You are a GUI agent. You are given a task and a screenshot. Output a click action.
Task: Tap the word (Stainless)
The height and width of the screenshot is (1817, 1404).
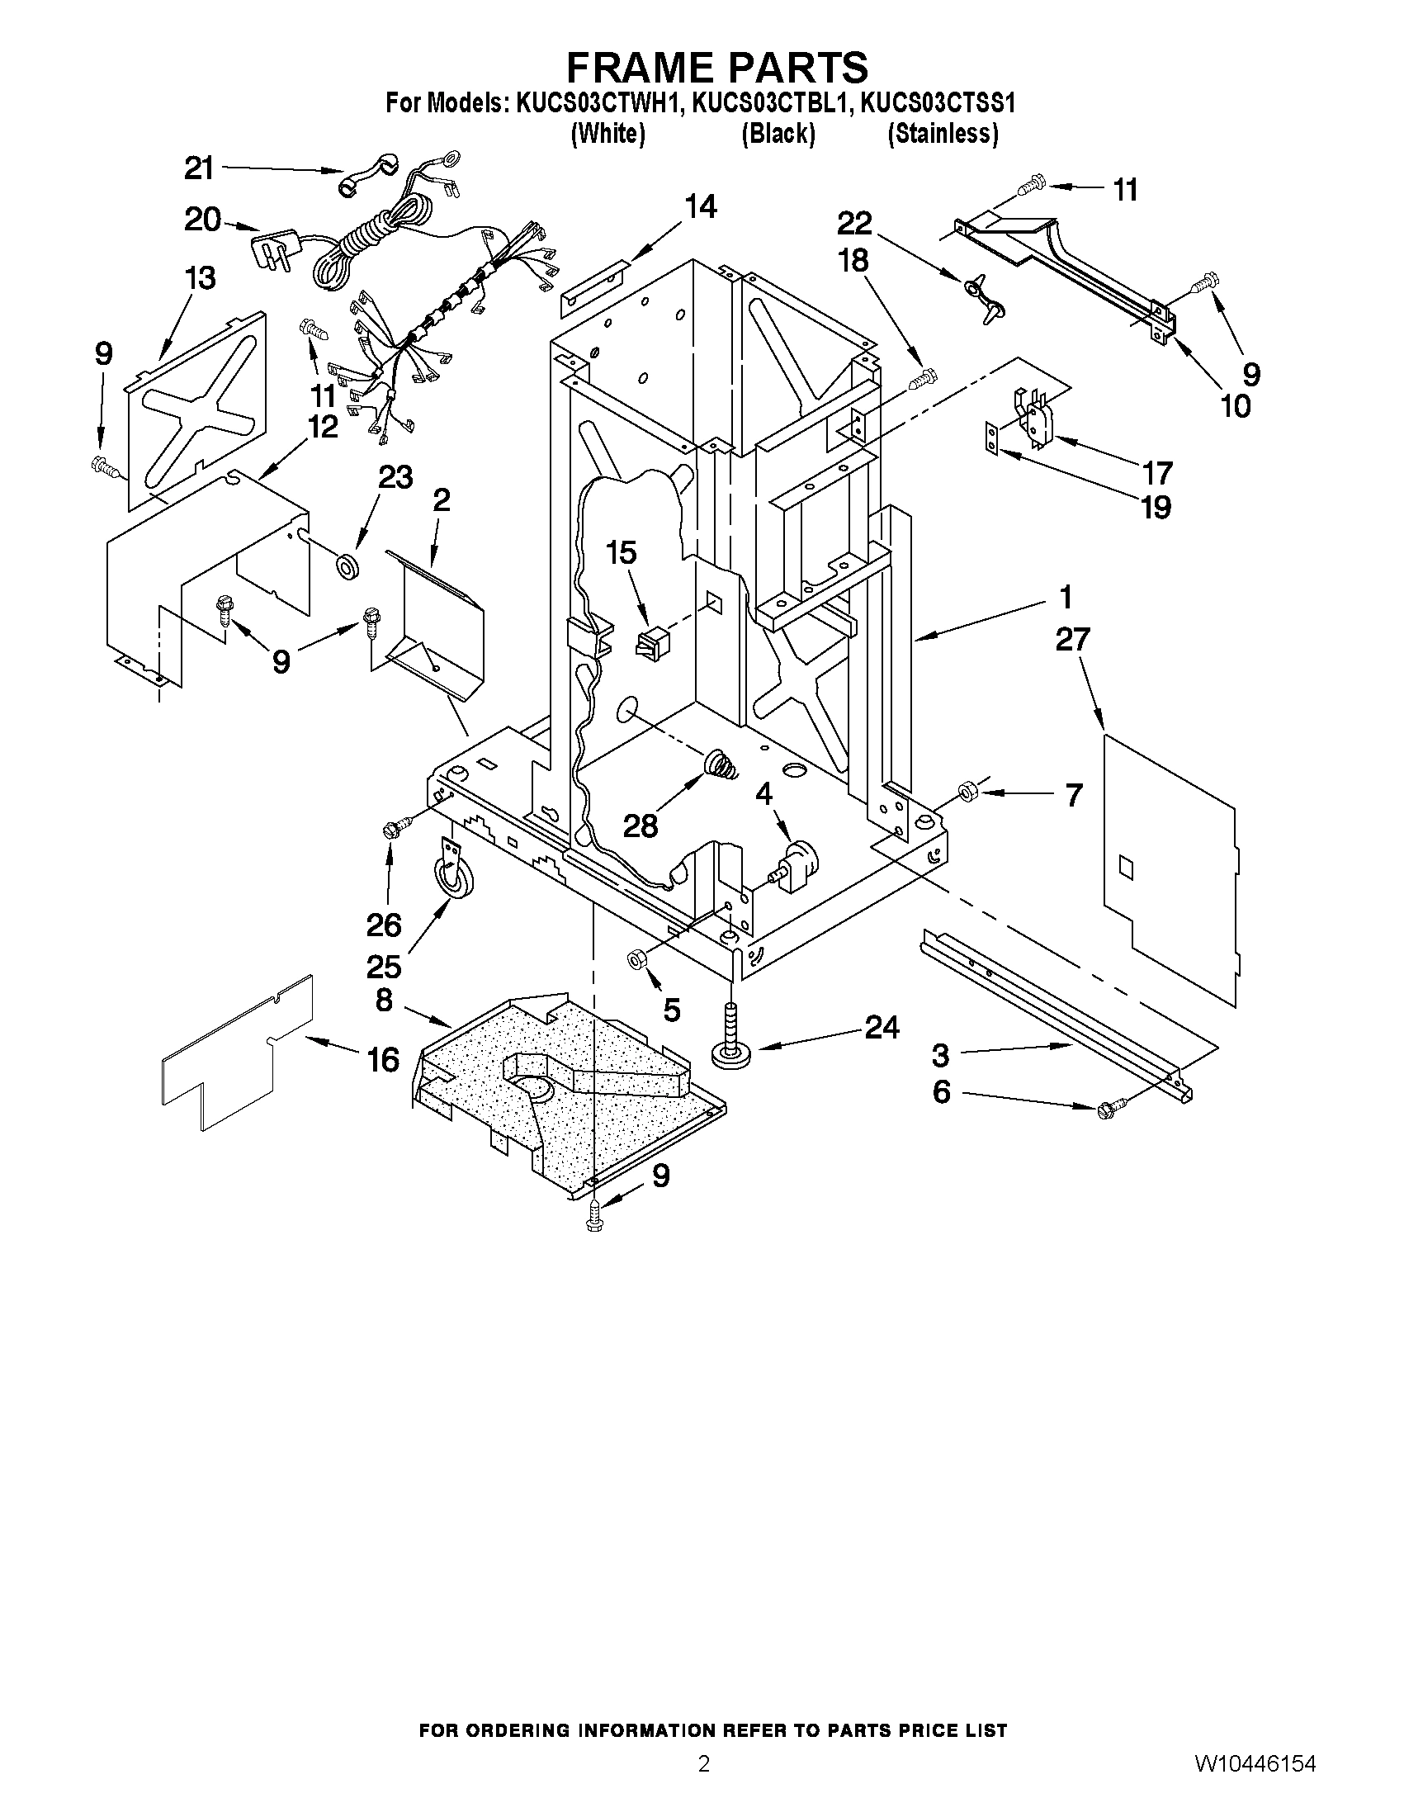click(x=943, y=133)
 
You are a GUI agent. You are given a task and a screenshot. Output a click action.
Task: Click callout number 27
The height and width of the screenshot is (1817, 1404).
click(x=1072, y=640)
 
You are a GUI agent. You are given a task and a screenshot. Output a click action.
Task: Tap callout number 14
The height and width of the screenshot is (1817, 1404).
click(x=700, y=206)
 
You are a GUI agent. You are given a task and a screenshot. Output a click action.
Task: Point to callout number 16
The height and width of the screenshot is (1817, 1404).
click(x=384, y=1059)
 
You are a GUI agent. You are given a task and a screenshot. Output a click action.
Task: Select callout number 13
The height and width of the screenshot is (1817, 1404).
click(x=200, y=278)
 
